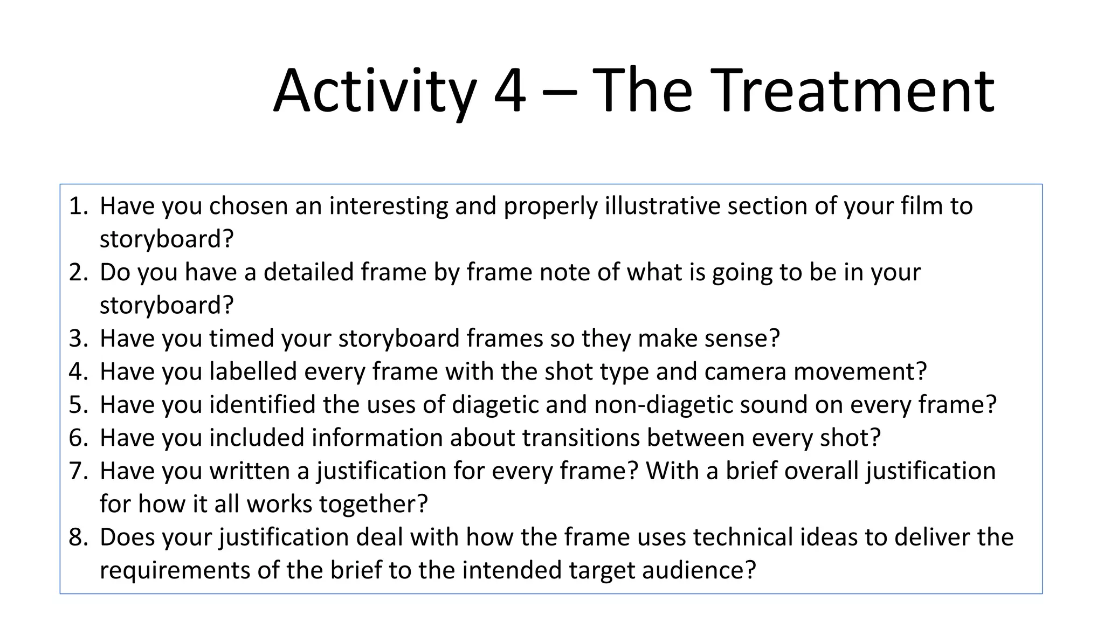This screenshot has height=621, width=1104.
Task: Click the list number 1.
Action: coord(78,206)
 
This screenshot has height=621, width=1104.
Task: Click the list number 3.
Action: coord(78,339)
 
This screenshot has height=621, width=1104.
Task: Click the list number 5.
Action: coord(78,405)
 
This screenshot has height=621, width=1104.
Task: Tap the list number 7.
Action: coord(78,472)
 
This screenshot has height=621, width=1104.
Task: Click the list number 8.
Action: coord(78,538)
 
